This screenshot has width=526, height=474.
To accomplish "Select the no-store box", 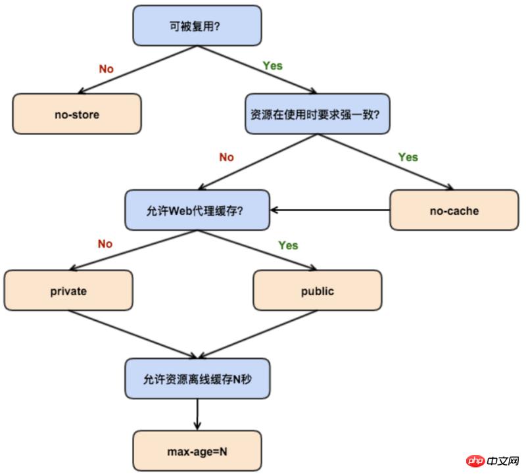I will click(x=77, y=114).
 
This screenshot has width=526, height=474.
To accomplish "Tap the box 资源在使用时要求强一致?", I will click(x=317, y=113).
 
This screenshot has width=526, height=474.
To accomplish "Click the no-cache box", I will click(x=454, y=211).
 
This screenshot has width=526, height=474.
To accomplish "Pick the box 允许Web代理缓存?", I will click(x=198, y=210).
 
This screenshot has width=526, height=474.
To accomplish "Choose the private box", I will click(x=68, y=291).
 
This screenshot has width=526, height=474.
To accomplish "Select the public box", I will click(x=317, y=291).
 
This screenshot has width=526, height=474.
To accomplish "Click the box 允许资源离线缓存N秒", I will click(x=197, y=379).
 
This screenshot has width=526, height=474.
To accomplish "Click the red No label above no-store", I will click(x=106, y=68).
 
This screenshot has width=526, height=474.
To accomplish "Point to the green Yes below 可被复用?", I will click(x=272, y=66).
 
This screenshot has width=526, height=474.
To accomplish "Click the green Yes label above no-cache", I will click(x=408, y=157).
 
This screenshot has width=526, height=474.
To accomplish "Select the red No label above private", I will click(x=105, y=244).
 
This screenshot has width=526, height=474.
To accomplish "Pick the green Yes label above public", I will click(x=288, y=245).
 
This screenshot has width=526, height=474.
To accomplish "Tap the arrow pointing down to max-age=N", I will click(x=197, y=414).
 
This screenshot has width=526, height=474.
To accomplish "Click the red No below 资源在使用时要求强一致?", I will click(x=226, y=157).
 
